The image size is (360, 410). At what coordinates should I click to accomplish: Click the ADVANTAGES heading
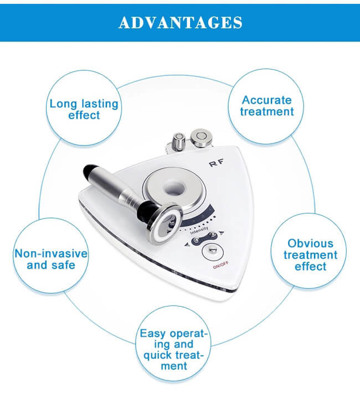click(x=181, y=23)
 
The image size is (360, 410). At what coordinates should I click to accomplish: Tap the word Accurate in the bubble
click(x=267, y=100)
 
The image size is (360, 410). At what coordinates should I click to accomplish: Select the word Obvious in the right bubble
click(x=310, y=243)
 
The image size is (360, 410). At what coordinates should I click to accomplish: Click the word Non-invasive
click(x=51, y=253)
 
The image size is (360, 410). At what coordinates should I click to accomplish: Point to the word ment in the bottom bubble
click(x=174, y=366)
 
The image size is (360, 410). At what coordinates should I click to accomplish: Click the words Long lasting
click(x=84, y=104)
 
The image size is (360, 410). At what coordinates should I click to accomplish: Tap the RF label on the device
click(x=217, y=163)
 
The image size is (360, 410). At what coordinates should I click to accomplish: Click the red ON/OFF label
click(x=220, y=265)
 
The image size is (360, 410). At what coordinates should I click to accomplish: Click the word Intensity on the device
click(x=199, y=230)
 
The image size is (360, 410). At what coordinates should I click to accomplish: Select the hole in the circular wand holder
click(x=174, y=188)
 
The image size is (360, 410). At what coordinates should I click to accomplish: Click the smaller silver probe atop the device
click(x=179, y=141)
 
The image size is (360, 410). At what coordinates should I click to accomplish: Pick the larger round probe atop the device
click(x=201, y=137)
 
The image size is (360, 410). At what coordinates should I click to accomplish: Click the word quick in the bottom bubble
click(x=158, y=355)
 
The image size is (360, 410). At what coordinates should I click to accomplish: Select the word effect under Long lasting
click(x=84, y=115)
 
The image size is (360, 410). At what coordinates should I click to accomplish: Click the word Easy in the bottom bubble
click(x=153, y=334)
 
